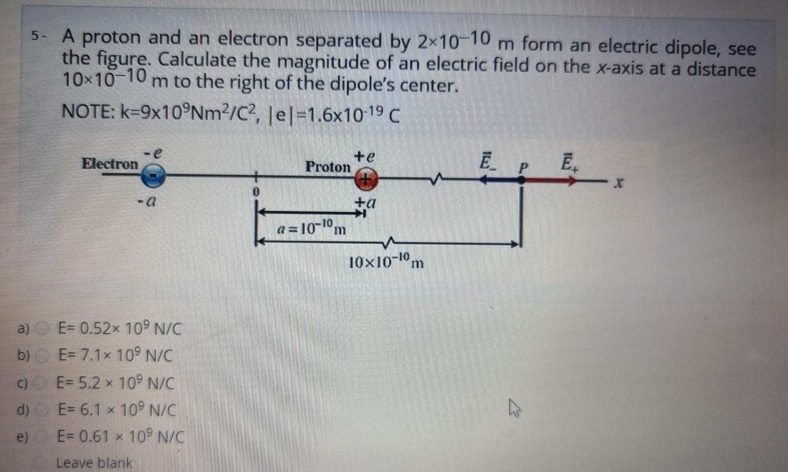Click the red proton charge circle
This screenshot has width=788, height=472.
[x=366, y=180]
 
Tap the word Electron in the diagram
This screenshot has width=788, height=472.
[x=110, y=164]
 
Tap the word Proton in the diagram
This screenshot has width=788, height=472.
[x=328, y=167]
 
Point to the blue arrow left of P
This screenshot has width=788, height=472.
[x=500, y=179]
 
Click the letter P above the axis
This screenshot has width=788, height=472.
[x=523, y=167]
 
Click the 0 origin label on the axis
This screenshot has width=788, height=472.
[x=256, y=192]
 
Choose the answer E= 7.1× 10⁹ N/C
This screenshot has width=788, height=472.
[x=115, y=356]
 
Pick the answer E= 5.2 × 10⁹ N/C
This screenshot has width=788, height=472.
[x=115, y=383]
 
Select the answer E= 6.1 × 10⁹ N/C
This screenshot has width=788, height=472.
[x=117, y=410]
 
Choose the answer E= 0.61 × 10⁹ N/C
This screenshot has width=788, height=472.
[x=121, y=436]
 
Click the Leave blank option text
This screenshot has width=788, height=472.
[x=94, y=462]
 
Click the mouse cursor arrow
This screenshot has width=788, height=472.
[x=514, y=410]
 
